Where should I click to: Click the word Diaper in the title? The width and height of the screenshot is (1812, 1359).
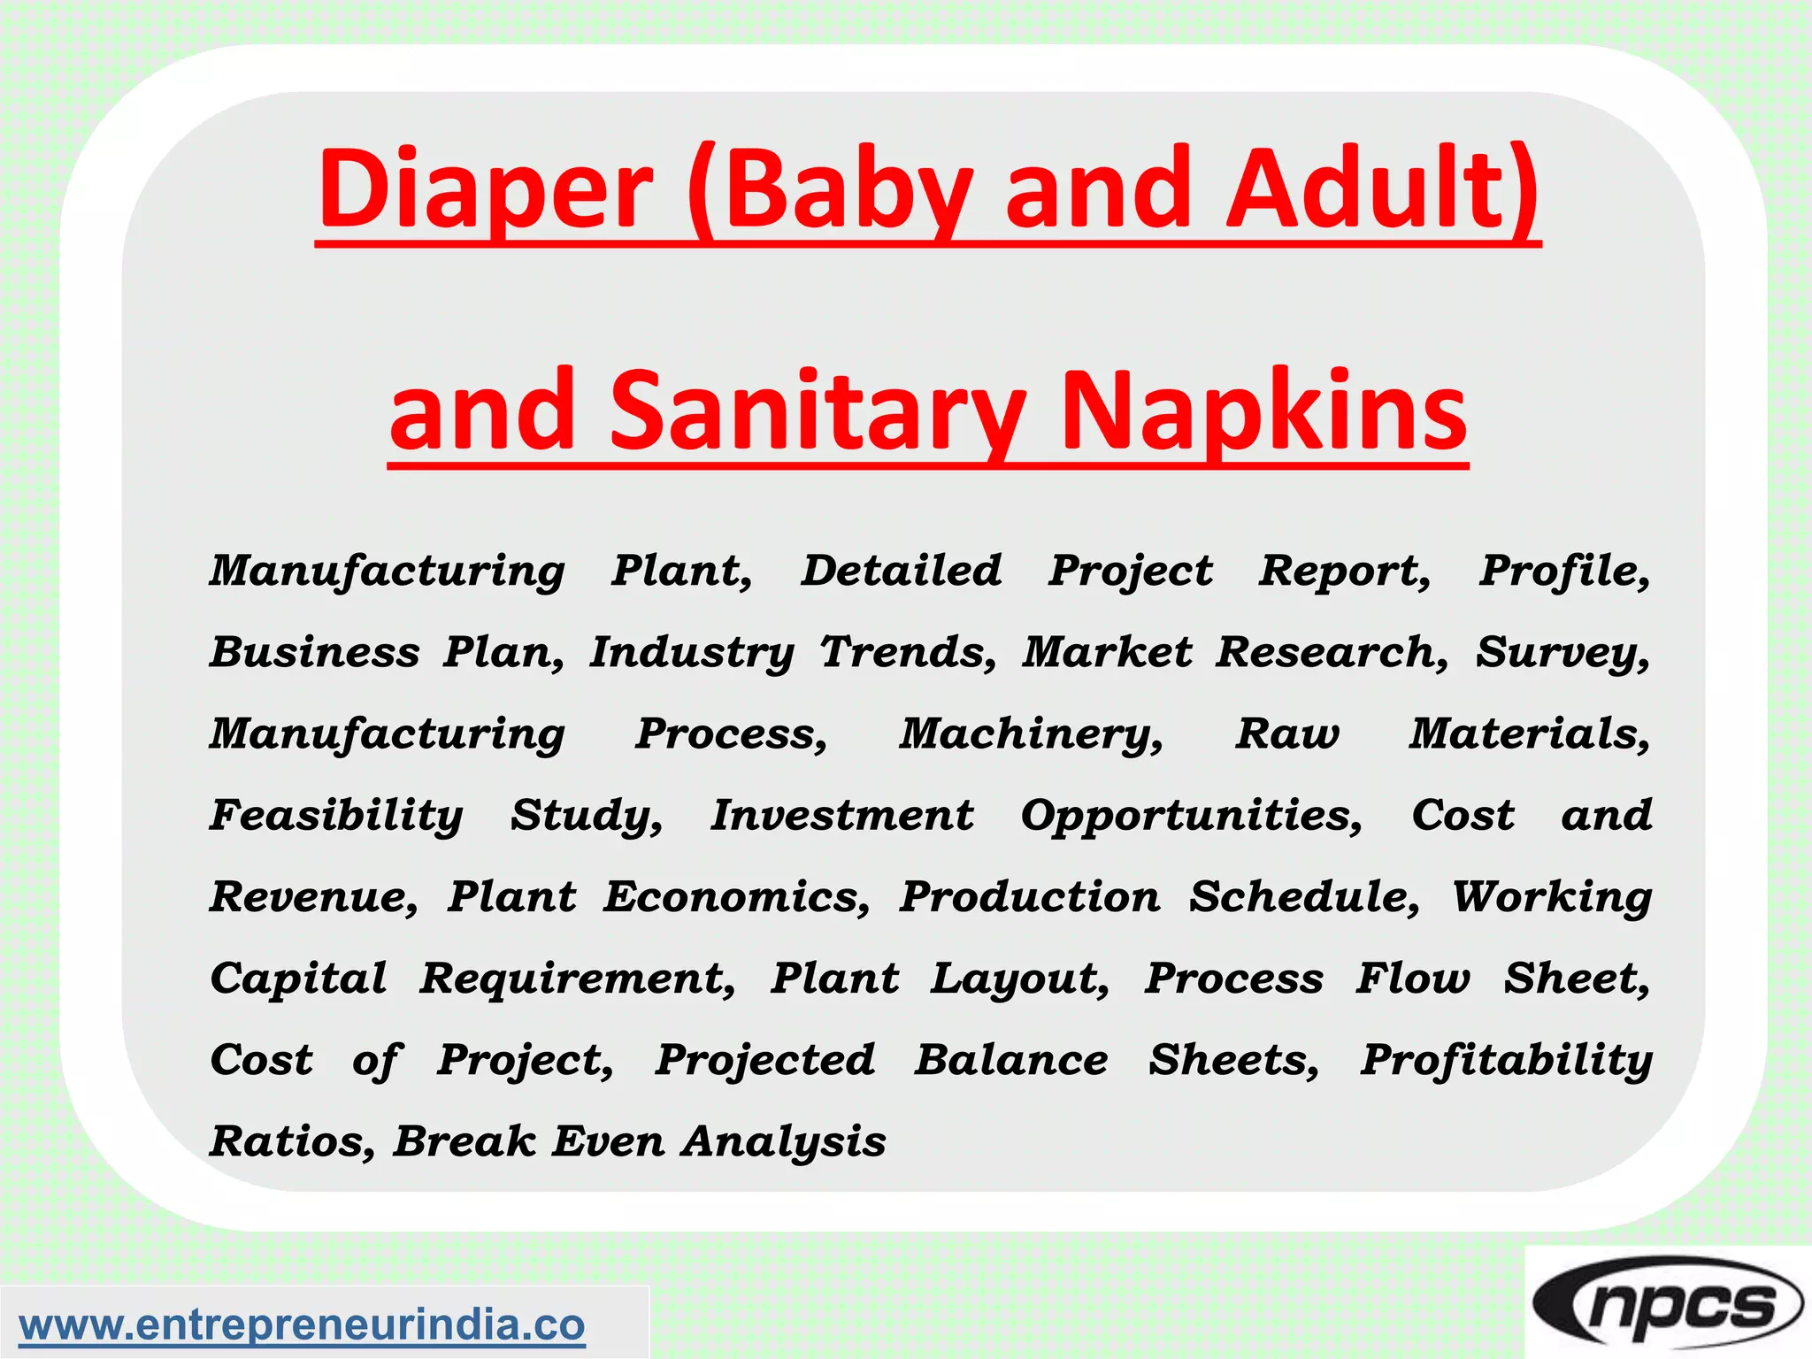tap(485, 190)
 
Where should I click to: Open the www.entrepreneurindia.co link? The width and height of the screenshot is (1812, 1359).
tap(302, 1325)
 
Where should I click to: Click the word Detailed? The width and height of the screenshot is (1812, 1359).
tap(901, 571)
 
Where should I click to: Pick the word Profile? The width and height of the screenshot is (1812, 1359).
tap(1563, 571)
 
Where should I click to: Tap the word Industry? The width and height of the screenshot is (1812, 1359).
tap(692, 653)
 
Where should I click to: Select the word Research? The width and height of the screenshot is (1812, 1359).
tap(1331, 653)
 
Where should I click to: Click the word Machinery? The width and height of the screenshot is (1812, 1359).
tap(1031, 734)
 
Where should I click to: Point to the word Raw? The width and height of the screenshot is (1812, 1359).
tap(1287, 734)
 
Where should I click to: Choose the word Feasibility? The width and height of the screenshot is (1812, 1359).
tap(336, 816)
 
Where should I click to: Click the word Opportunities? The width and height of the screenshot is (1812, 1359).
tap(1191, 816)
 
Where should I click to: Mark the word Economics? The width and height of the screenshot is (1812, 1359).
tap(736, 897)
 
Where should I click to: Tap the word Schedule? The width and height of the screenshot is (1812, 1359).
tap(1303, 897)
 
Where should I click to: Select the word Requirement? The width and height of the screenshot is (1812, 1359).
tap(577, 979)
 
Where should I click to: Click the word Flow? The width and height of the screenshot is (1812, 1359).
tap(1413, 979)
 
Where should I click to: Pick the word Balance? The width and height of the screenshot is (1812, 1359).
tap(1010, 1060)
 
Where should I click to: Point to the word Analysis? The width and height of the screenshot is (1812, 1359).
tap(784, 1141)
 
